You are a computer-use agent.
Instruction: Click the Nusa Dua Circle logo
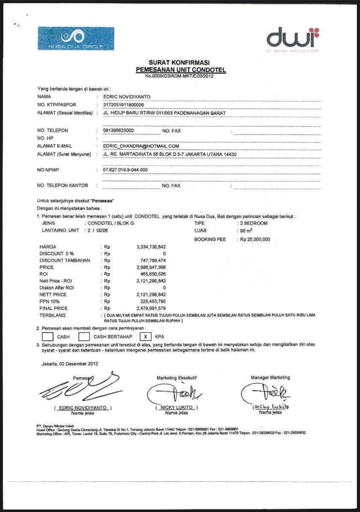point(76,38)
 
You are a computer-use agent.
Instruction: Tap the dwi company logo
point(293,38)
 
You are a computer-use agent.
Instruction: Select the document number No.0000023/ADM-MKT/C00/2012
point(179,76)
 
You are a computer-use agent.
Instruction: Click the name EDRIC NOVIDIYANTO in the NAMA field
point(127,97)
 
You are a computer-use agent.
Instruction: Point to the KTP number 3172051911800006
point(123,105)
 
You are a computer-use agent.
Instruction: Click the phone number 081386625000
point(118,130)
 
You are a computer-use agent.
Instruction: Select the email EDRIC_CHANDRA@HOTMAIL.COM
point(141,146)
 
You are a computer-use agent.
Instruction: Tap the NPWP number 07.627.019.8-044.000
point(125,170)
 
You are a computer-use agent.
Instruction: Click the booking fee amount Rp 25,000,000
point(255,239)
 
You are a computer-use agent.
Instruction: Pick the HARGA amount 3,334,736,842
point(151,247)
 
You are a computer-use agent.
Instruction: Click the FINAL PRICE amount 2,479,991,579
point(151,308)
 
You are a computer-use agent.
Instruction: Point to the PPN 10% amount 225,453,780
point(153,301)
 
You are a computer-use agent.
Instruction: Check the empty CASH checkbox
point(47,336)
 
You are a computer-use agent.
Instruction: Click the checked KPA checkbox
point(145,336)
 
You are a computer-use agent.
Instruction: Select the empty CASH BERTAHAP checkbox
point(84,336)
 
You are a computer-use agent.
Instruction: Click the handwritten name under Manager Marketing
point(271,407)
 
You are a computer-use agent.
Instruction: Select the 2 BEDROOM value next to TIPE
point(254,223)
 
